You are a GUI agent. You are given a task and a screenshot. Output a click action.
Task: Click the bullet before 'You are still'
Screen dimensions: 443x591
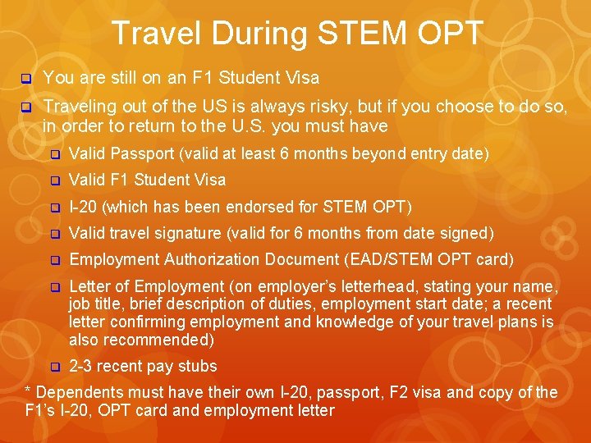coord(25,79)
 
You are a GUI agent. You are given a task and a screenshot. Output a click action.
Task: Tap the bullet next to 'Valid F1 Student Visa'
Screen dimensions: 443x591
coord(55,180)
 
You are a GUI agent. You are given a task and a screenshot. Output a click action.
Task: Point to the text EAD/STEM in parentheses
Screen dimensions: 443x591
coord(383,260)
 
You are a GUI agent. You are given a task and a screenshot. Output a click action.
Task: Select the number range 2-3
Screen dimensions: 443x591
coord(80,366)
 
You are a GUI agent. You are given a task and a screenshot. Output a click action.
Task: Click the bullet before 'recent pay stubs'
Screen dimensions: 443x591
coord(55,367)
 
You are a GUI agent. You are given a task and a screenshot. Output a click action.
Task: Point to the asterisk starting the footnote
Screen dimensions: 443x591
coord(29,391)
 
